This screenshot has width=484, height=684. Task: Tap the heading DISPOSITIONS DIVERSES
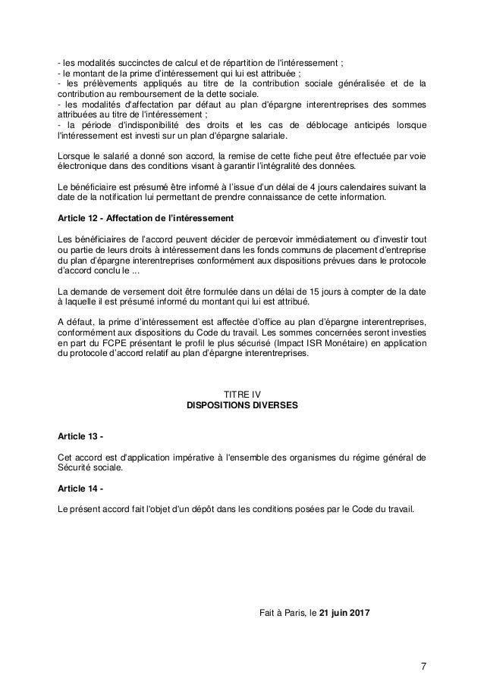(x=242, y=405)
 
